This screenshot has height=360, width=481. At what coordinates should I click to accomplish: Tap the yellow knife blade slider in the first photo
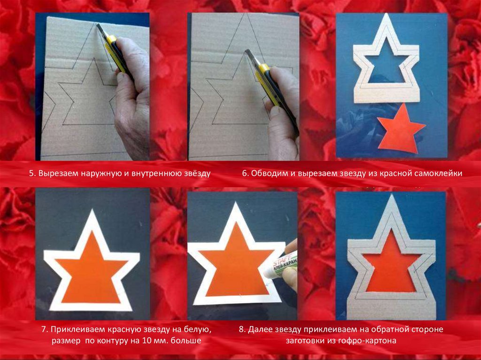tap(111, 40)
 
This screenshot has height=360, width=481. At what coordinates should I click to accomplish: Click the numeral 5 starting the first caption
tap(31, 174)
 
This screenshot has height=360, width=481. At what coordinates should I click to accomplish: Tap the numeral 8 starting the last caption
tap(241, 329)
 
